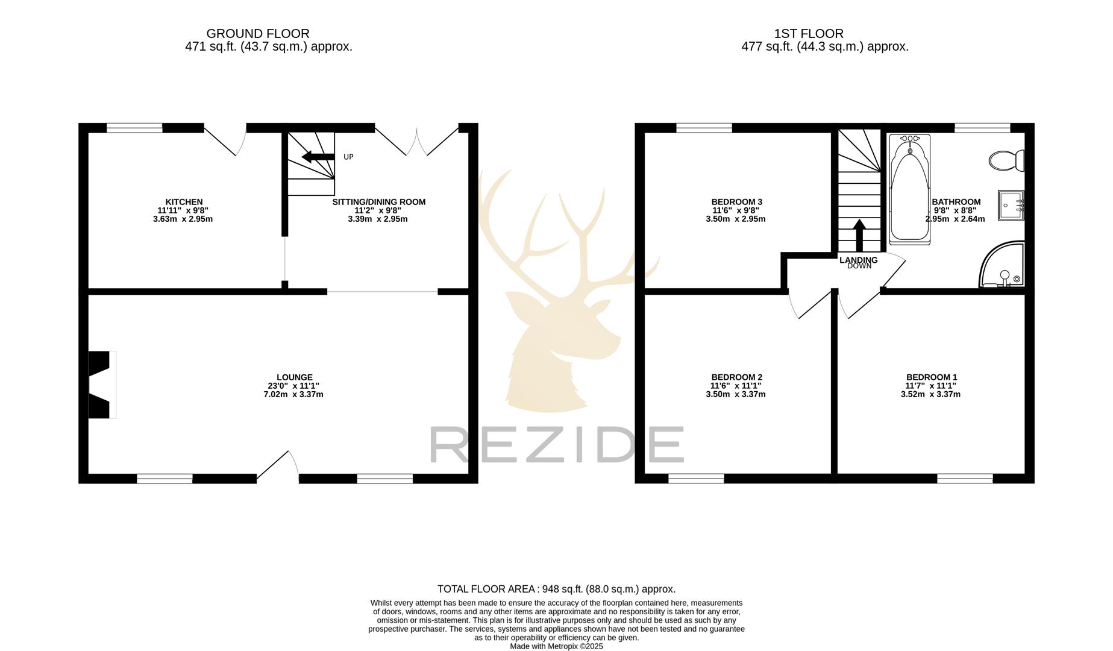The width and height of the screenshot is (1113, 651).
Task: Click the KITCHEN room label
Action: pyautogui.click(x=184, y=202)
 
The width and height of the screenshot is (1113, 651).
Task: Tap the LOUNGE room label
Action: pyautogui.click(x=294, y=377)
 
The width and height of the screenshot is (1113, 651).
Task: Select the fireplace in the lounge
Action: pyautogui.click(x=101, y=385)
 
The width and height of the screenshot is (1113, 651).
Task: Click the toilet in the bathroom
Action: pyautogui.click(x=1006, y=160)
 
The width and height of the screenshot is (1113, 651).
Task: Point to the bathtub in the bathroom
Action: pyautogui.click(x=909, y=189)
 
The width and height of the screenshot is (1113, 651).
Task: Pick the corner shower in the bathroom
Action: pyautogui.click(x=1003, y=266)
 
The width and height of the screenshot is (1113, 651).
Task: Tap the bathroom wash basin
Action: pyautogui.click(x=1011, y=205)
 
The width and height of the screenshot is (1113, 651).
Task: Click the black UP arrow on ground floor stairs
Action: pyautogui.click(x=318, y=157)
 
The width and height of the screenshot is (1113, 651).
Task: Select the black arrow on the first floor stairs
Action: pyautogui.click(x=859, y=234)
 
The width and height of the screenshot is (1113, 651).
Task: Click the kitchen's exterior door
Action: pyautogui.click(x=226, y=139)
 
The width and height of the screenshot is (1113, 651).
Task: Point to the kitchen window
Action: pyautogui.click(x=134, y=128)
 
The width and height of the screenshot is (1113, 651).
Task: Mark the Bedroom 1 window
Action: pyautogui.click(x=965, y=479)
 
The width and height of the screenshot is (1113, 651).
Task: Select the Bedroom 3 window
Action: pyautogui.click(x=704, y=128)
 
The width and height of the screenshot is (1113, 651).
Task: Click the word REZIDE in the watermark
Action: pyautogui.click(x=556, y=445)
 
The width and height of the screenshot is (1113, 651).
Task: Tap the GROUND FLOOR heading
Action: pyautogui.click(x=258, y=34)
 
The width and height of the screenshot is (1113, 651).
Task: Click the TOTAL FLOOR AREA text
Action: pyautogui.click(x=556, y=589)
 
